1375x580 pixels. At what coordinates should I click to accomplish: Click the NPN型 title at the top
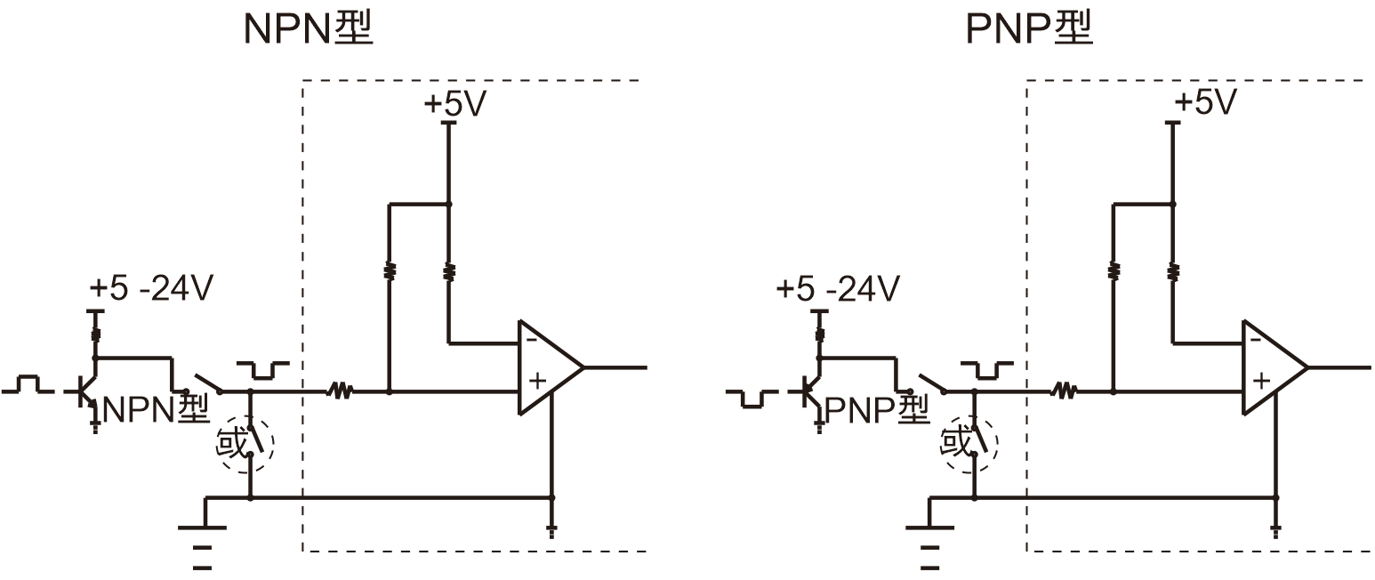pos(307,29)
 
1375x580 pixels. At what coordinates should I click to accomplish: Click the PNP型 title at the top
pos(1030,29)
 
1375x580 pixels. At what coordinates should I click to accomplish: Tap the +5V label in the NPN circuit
pos(454,104)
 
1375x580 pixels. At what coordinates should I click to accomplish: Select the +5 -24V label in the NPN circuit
pos(151,289)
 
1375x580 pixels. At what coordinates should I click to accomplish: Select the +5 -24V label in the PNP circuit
pos(837,289)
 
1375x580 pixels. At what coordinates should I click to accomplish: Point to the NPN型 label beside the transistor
pos(156,409)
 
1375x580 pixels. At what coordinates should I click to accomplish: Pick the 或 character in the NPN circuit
pos(232,442)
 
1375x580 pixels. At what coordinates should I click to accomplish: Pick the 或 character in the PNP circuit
pos(957,442)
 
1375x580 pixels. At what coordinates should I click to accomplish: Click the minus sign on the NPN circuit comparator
pos(531,339)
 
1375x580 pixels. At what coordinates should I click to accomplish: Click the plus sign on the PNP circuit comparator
pos(1260,381)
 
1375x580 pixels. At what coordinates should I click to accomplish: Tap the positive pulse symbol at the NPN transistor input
pos(28,384)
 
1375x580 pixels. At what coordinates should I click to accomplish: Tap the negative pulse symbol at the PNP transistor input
pos(752,398)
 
